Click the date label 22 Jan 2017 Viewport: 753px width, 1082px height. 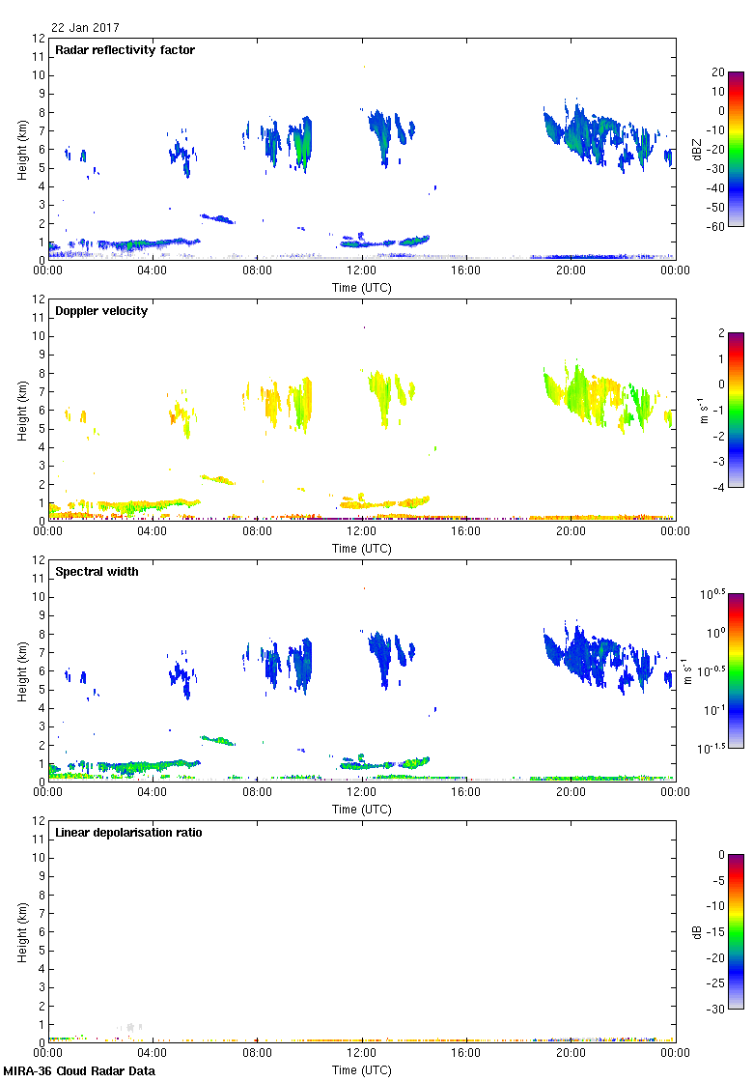[86, 28]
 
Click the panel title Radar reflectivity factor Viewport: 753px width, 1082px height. [125, 50]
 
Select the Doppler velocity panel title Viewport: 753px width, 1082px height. [101, 311]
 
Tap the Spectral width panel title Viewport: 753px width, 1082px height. [97, 572]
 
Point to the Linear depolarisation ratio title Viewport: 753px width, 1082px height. [128, 833]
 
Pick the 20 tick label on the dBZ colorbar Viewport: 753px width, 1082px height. [718, 72]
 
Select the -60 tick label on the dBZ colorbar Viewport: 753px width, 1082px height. [716, 227]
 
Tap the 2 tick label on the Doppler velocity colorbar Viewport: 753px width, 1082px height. [721, 333]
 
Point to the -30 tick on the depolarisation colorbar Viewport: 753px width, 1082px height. [718, 1010]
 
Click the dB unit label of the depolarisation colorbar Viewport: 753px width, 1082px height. [697, 932]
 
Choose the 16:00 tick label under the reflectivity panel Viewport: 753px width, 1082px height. [466, 271]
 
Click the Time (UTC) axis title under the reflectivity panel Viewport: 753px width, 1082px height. [362, 287]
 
